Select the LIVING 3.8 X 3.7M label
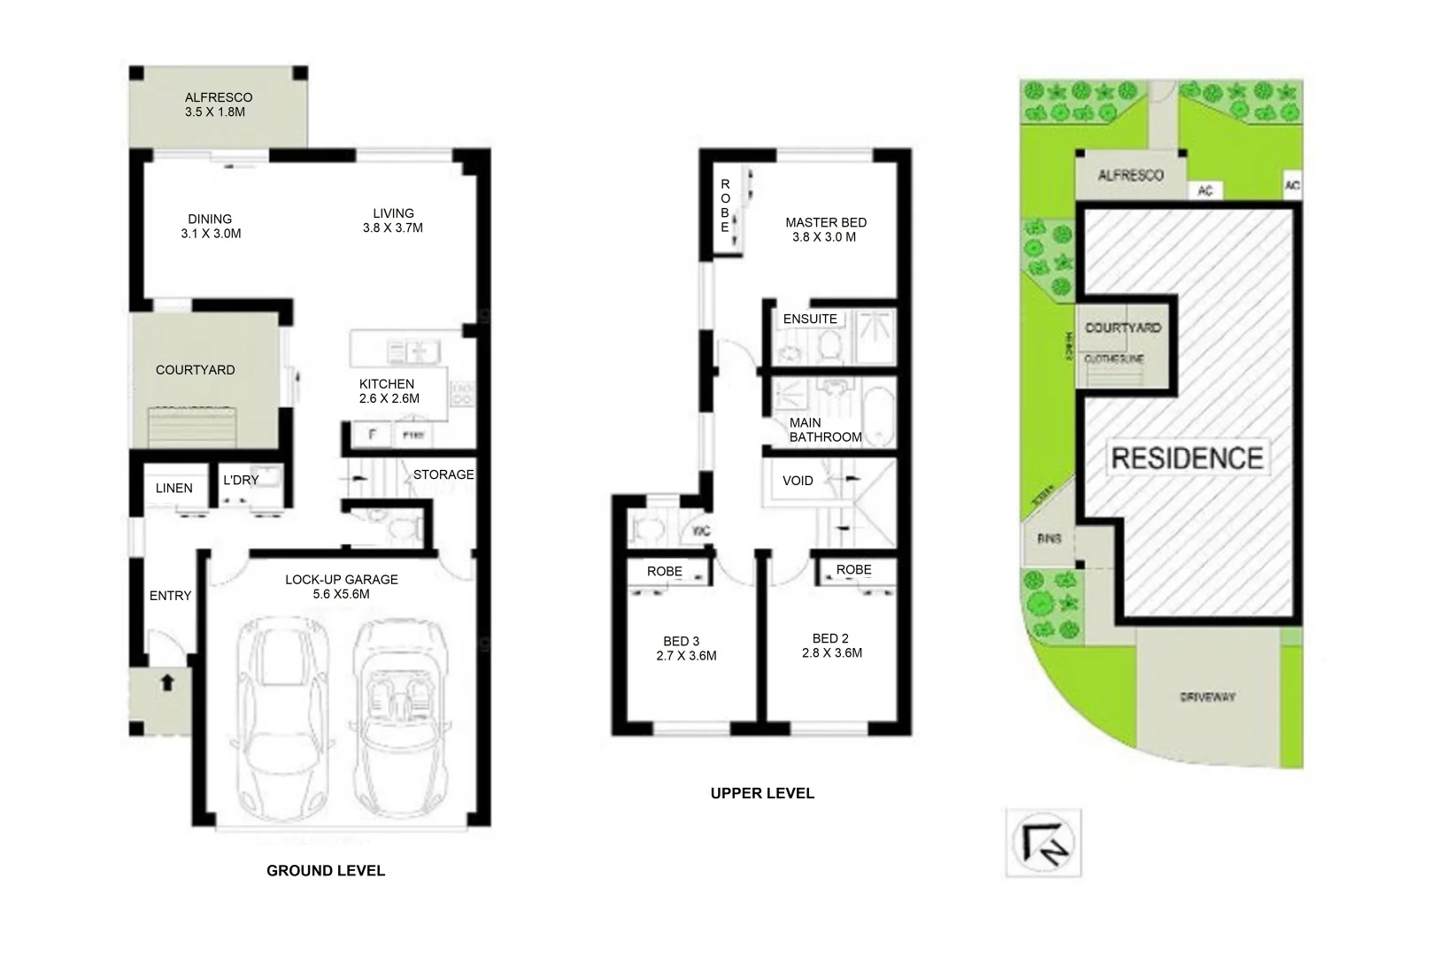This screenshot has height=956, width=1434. click(x=393, y=220)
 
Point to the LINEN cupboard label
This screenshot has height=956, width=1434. click(x=173, y=488)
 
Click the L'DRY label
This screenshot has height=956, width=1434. click(x=241, y=480)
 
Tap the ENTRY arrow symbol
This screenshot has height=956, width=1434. click(x=166, y=682)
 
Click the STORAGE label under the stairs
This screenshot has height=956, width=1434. click(x=443, y=474)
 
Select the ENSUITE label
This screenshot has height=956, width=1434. click(x=810, y=319)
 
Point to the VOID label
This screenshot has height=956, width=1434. click(x=798, y=481)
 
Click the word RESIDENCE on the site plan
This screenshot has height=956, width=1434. click(x=1186, y=458)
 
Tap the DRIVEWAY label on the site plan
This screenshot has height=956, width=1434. click(x=1207, y=698)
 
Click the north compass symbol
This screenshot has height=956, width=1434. click(x=1044, y=842)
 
